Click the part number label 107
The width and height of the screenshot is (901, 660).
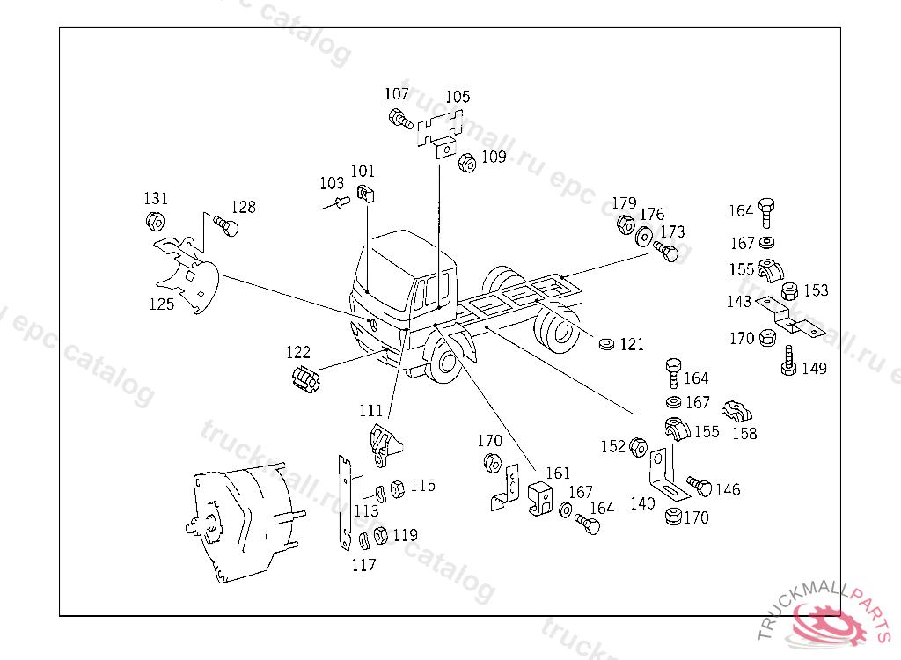[x=396, y=94]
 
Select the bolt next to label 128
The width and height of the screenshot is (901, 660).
[x=227, y=228]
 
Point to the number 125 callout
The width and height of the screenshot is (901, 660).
[x=161, y=304]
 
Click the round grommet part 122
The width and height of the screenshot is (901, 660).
[x=304, y=382]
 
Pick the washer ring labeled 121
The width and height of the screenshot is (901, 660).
[x=605, y=342]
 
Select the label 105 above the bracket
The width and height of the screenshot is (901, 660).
[x=458, y=97]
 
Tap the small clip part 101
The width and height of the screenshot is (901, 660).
[x=365, y=194]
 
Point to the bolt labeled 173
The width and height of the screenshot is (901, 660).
[x=668, y=253]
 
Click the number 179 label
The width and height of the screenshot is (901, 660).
[x=624, y=203]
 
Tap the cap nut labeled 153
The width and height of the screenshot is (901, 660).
[x=789, y=290]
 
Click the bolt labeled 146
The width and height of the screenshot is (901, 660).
[x=700, y=487]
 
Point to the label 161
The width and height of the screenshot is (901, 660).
[x=557, y=473]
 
